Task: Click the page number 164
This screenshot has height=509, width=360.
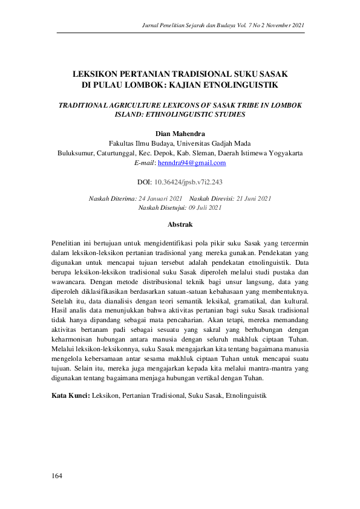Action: (57, 476)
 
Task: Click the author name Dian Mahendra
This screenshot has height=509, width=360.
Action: (180, 133)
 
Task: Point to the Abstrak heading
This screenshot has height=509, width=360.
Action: (180, 224)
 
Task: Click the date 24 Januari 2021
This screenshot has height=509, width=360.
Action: (160, 198)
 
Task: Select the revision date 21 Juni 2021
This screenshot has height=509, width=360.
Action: (250, 198)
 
